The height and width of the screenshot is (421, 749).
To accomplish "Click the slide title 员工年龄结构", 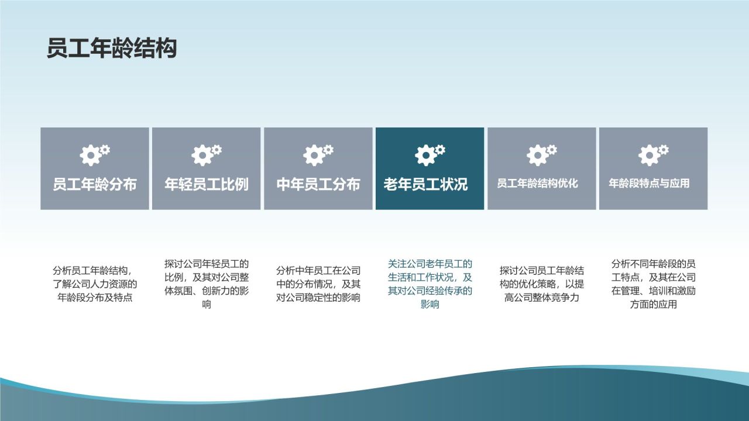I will point(112,49).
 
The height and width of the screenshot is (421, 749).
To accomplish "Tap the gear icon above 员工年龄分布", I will point(94,154).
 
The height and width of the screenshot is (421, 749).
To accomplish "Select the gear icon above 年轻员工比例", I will point(206,154).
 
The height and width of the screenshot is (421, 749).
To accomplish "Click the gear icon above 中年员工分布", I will point(318,154).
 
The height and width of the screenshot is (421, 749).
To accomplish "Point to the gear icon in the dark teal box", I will point(430,154).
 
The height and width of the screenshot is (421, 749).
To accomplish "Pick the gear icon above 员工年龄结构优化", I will point(541,154).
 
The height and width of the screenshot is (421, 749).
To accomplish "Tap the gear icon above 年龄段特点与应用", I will point(653,154).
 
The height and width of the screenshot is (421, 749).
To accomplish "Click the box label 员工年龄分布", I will point(95,185).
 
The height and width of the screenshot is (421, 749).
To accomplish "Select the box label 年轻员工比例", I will point(207,185).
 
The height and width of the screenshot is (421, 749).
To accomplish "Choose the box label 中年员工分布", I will point(318,185).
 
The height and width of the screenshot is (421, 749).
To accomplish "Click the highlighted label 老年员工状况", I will point(430,185).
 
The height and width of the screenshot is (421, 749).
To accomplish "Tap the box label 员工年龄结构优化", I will point(537,184).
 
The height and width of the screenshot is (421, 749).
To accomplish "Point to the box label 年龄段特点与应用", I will point(649,184).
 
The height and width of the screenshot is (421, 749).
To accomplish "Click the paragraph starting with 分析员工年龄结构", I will point(95,284).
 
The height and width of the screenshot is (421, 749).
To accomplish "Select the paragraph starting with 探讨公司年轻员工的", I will point(207,284).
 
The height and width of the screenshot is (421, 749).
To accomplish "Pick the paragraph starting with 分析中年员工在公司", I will point(318,284).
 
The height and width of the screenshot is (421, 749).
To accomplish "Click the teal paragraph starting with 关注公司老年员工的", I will point(430,284).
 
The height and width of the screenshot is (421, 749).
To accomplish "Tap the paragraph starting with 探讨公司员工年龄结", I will point(541,284).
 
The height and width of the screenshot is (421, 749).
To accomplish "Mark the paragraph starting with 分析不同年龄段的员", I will point(653,284).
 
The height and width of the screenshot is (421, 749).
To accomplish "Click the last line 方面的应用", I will point(653,304).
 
